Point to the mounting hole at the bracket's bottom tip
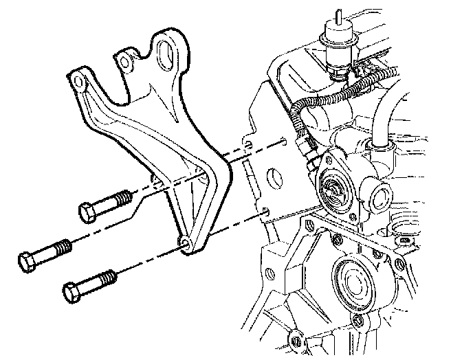(x=184, y=242)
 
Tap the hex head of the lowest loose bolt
(x=71, y=292)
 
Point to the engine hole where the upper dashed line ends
(x=283, y=144)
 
